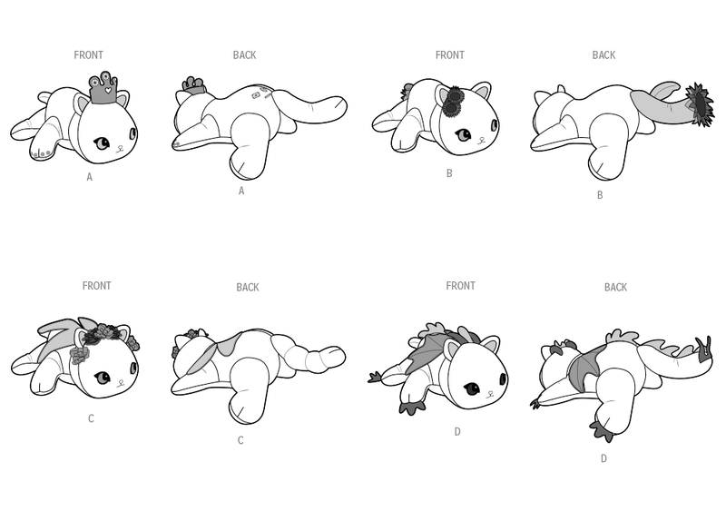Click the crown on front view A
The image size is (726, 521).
coord(103,88)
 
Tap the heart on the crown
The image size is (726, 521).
coord(107,90)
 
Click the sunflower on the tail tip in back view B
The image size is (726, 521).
coord(700,104)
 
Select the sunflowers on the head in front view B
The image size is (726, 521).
coord(452,102)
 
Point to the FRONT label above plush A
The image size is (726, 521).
coord(88,55)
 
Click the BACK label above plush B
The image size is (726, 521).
coord(603,55)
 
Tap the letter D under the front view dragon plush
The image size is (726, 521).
coord(457,432)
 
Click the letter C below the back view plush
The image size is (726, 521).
coord(240,440)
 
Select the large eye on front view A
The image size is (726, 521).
coord(102,143)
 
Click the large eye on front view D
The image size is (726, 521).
coord(472,388)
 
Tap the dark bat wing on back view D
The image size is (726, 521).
coord(585,365)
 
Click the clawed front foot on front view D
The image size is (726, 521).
coord(412,407)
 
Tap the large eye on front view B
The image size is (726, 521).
coord(463,134)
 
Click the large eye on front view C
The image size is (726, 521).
coord(102,378)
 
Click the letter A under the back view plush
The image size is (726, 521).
coord(241,191)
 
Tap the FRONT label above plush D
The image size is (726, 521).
coord(460,286)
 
